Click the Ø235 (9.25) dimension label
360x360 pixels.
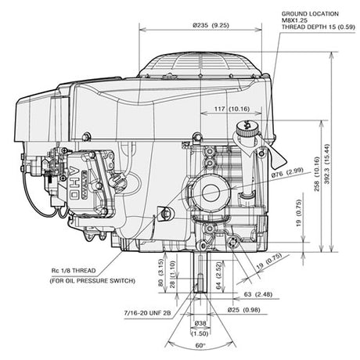211,25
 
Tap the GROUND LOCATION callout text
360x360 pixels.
310,14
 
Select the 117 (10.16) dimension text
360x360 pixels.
232,109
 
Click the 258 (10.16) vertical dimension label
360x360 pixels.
317,174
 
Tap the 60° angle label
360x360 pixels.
200,346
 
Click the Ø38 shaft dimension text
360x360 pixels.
200,323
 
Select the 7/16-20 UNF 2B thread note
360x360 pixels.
147,313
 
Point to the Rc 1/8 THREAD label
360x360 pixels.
74,271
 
